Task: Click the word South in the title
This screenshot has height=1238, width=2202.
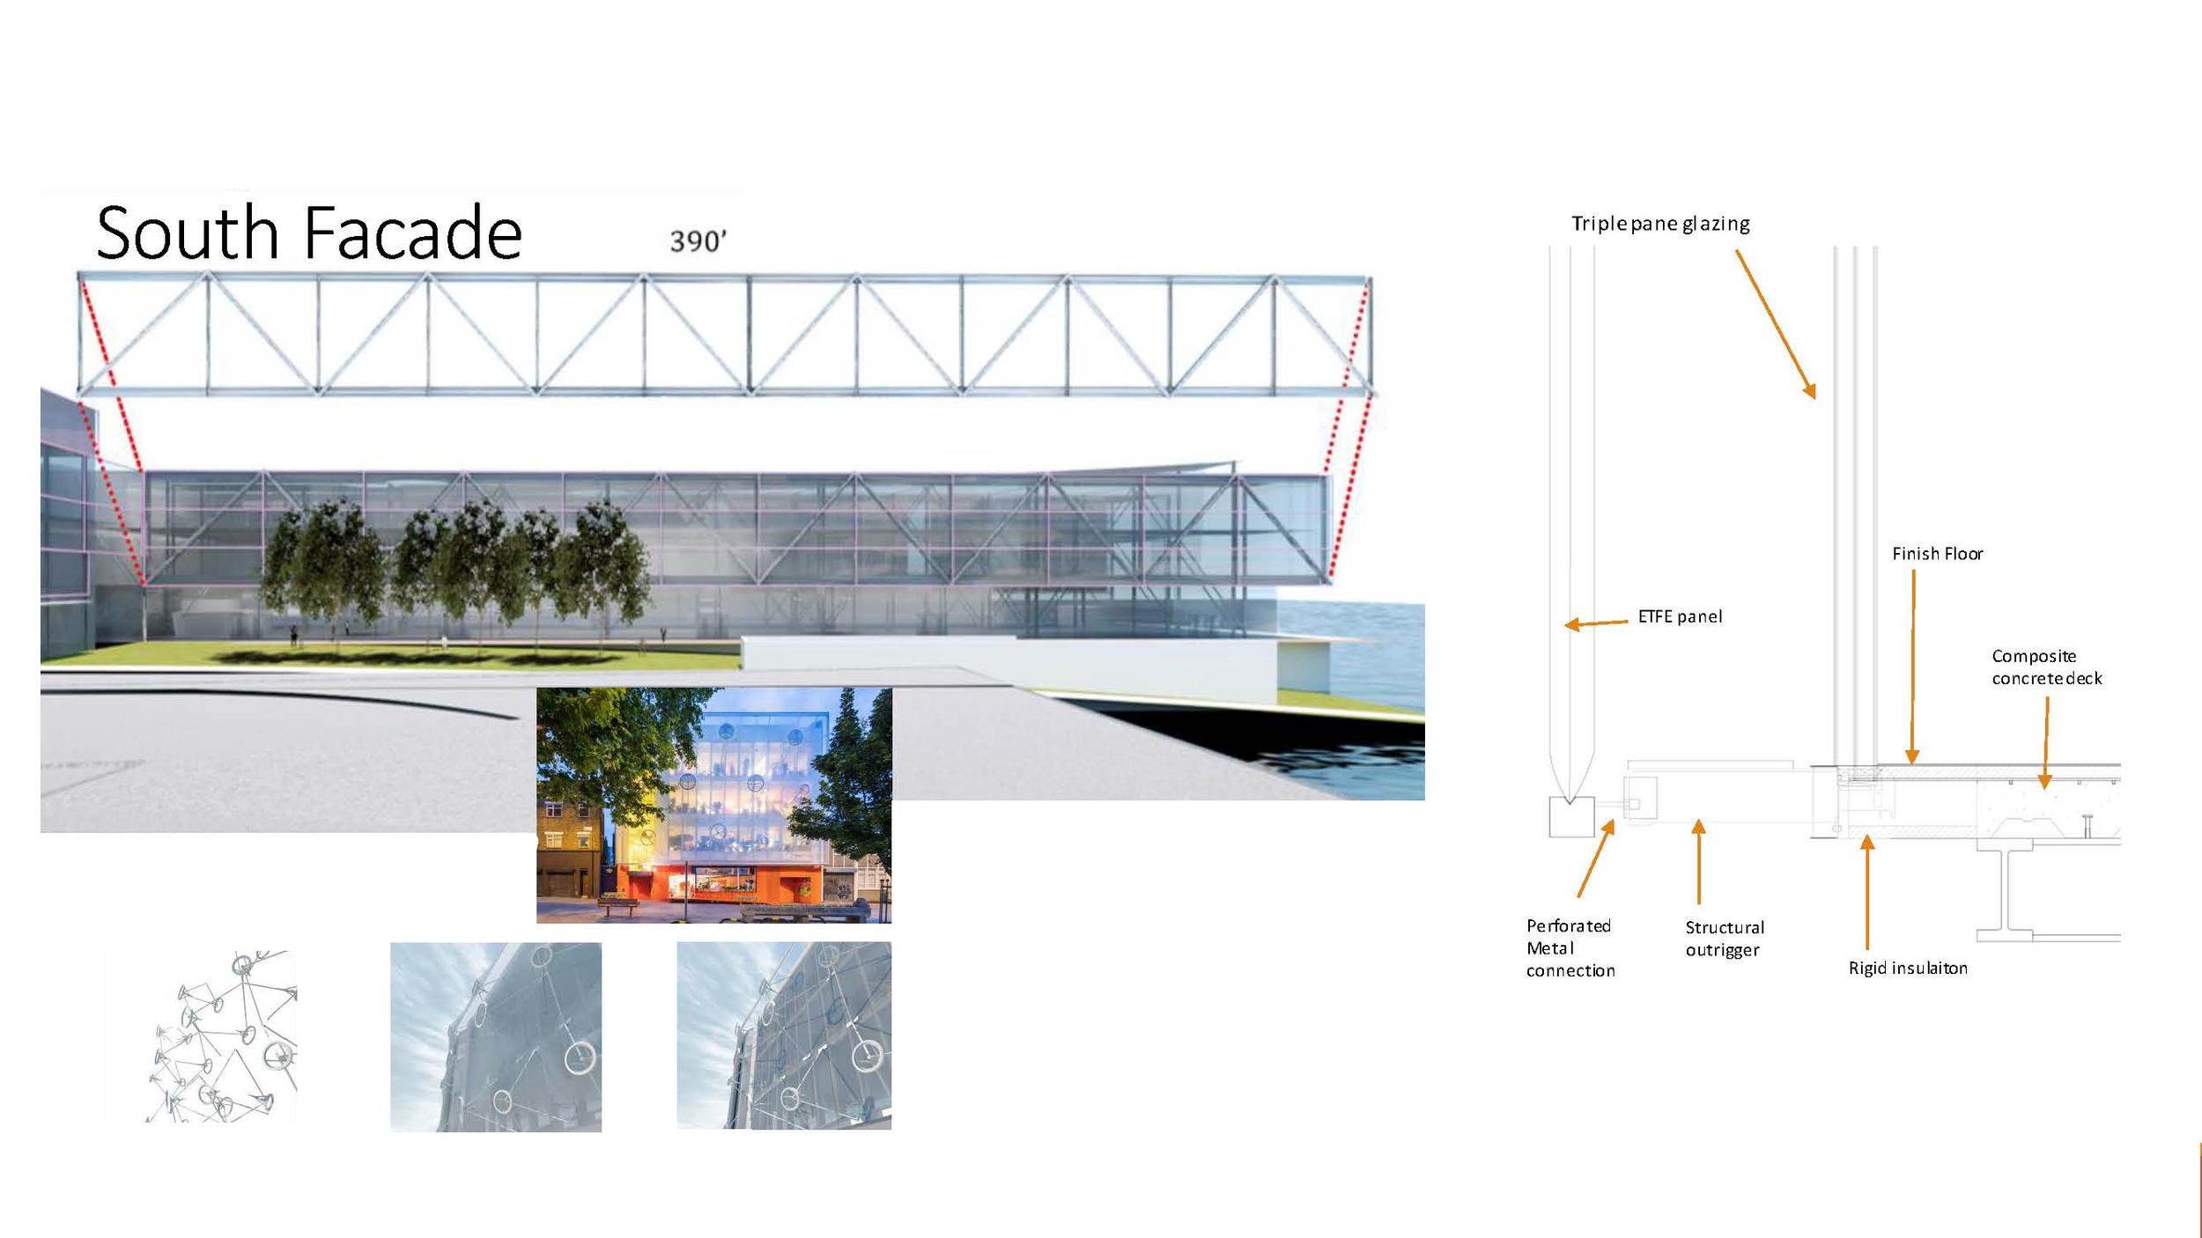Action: click(x=187, y=232)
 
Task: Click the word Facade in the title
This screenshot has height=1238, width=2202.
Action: click(x=413, y=232)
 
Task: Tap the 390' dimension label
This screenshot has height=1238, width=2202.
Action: click(x=698, y=241)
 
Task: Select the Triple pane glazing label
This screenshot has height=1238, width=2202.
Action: click(x=1660, y=224)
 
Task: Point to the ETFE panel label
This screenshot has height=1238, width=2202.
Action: click(x=1680, y=616)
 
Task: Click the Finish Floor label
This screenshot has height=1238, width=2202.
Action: click(x=1937, y=554)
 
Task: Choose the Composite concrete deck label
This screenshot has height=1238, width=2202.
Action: click(x=2046, y=667)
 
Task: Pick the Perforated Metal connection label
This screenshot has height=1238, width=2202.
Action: click(x=1570, y=947)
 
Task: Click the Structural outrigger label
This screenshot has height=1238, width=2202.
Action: click(x=1724, y=938)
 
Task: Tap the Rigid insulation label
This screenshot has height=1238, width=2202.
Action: click(x=1907, y=968)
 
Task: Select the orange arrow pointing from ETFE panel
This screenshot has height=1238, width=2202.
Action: click(x=1596, y=623)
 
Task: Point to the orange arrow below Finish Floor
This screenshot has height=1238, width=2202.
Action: click(x=1912, y=666)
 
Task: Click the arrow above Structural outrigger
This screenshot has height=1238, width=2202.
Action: click(x=1698, y=862)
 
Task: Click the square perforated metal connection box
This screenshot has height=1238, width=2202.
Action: click(x=1571, y=817)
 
